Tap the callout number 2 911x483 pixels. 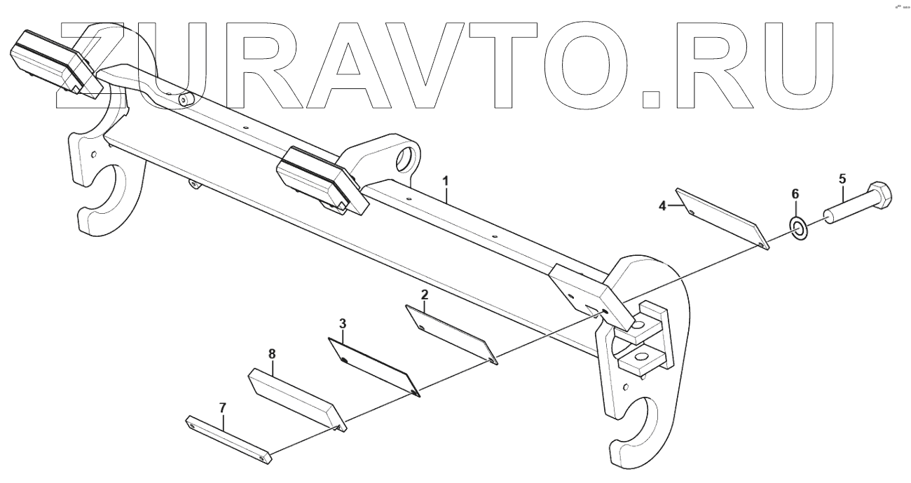pyautogui.click(x=424, y=296)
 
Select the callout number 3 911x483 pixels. pyautogui.click(x=342, y=324)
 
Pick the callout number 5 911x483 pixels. pyautogui.click(x=842, y=179)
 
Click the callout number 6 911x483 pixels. pyautogui.click(x=795, y=193)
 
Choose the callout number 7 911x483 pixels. pyautogui.click(x=223, y=407)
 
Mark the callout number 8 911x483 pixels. pyautogui.click(x=272, y=355)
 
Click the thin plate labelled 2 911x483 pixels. pyautogui.click(x=452, y=334)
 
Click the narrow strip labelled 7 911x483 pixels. pyautogui.click(x=227, y=438)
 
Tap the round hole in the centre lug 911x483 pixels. pyautogui.click(x=405, y=156)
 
